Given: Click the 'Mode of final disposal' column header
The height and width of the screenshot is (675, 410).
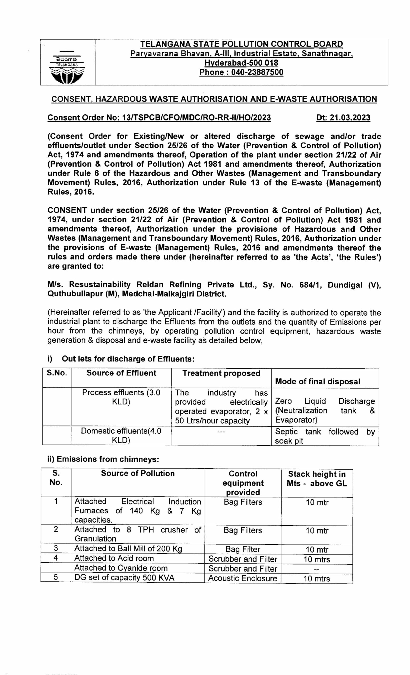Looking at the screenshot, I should tap(317, 381).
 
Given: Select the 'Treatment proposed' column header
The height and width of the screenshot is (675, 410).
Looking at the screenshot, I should tap(221, 373).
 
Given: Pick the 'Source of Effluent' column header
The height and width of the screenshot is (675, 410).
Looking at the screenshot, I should tap(121, 373).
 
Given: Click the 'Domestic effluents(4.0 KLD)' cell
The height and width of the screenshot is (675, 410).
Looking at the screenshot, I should tap(121, 436).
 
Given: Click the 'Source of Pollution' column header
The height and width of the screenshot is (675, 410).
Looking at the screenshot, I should tap(138, 473).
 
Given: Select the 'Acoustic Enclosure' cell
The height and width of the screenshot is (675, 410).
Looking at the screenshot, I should tap(243, 578).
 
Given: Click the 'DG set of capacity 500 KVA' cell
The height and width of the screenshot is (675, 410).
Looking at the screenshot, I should tap(124, 578).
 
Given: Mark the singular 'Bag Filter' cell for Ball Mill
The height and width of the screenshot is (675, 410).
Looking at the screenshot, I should tap(243, 549).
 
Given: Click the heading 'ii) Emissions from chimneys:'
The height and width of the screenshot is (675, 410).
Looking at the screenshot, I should tap(103, 459).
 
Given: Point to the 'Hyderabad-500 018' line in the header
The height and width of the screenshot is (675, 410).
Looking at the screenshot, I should tap(241, 63).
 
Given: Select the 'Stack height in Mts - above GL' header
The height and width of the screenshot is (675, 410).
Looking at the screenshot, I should tap(317, 479).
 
